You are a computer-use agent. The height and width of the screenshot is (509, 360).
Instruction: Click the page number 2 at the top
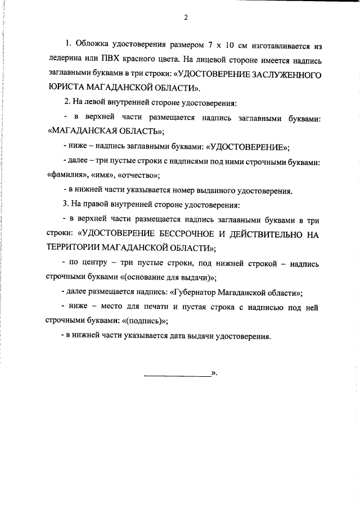pos(184,17)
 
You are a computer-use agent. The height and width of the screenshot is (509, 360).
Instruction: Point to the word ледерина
pos(65,59)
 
